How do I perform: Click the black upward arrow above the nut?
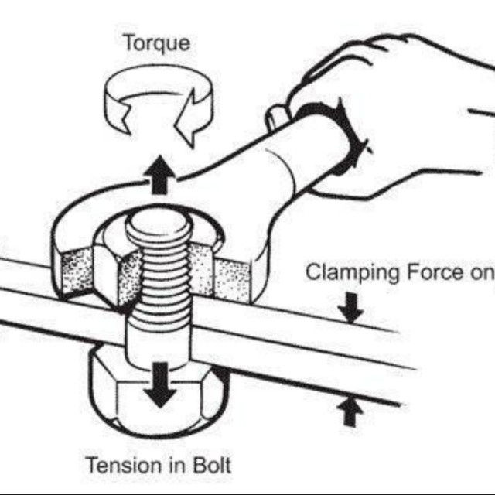[159, 173]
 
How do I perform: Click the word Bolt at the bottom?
[211, 466]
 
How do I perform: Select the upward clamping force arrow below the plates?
[352, 410]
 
